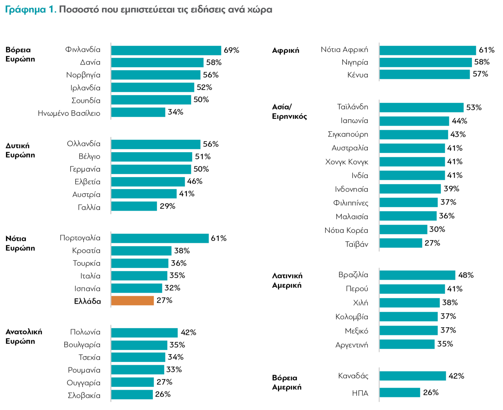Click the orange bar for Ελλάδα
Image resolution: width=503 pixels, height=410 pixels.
[132, 301]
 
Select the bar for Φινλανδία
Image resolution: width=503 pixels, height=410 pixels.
[166, 51]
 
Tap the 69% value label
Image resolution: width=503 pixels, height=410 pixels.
[231, 51]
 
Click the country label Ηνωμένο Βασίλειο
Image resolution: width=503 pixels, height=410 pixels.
[69, 113]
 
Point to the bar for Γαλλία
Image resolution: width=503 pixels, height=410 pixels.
[134, 206]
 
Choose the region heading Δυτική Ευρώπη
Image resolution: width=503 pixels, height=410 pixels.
[20, 150]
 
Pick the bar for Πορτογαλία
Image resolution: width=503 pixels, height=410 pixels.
[160, 238]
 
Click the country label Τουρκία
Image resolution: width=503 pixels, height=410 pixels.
[86, 263]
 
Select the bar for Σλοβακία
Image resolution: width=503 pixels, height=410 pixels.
[132, 395]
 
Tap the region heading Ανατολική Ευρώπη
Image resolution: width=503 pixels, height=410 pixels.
[24, 337]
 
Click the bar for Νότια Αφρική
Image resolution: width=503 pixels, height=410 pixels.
[427, 51]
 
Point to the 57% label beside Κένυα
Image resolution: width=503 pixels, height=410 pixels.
[480, 74]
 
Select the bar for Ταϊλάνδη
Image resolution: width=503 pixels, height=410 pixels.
[421, 108]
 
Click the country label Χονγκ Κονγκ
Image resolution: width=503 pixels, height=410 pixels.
[346, 162]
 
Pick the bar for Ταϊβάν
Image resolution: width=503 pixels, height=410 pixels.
[401, 243]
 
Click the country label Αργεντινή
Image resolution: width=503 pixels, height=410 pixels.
[351, 345]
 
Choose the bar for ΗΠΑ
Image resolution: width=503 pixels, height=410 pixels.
[400, 393]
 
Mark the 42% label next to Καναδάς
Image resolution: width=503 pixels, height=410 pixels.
[456, 376]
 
